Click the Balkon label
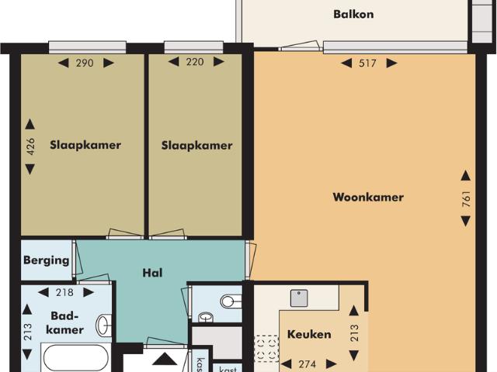click(x=353, y=14)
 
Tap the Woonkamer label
click(x=368, y=197)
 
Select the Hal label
click(x=151, y=272)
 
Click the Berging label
click(x=46, y=260)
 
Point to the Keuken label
click(x=309, y=335)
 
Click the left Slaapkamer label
click(x=85, y=145)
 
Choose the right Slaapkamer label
click(x=196, y=145)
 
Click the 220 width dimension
click(x=195, y=62)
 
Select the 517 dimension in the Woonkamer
click(x=368, y=64)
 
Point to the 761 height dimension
click(x=466, y=198)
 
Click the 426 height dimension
click(x=30, y=147)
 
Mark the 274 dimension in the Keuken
click(x=308, y=363)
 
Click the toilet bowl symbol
click(x=231, y=300)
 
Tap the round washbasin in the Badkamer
click(x=101, y=325)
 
